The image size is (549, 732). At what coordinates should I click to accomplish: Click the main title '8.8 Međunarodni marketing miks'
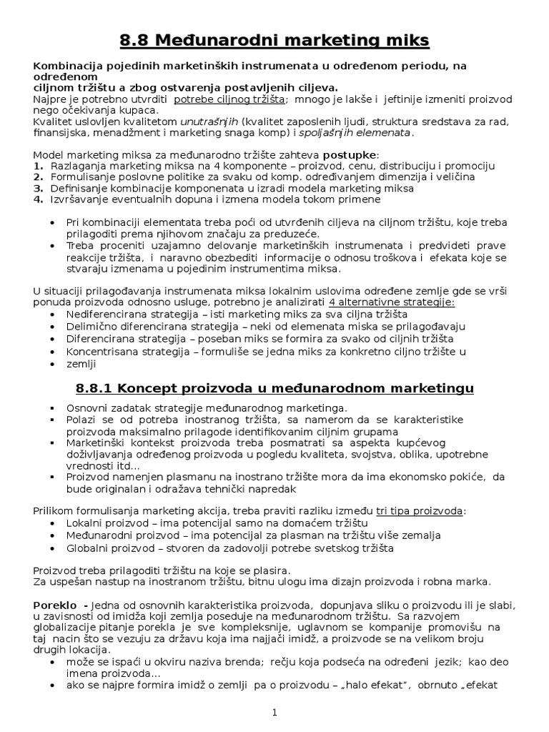(274, 41)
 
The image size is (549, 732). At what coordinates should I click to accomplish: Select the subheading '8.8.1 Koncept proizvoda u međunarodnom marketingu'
(274, 388)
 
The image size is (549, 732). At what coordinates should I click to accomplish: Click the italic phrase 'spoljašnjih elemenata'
(355, 132)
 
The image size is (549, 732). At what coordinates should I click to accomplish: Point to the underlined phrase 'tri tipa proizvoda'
(419, 511)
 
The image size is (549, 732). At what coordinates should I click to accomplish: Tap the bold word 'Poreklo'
(54, 605)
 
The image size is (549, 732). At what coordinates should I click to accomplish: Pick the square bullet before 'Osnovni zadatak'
(53, 407)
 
